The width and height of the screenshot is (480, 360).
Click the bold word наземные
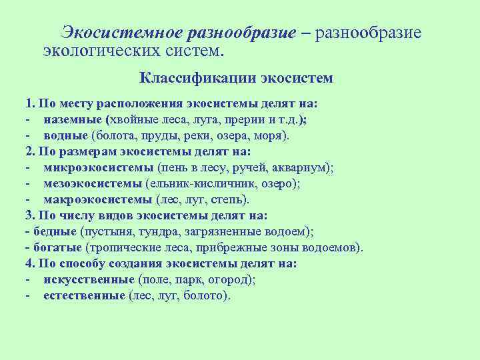click(73, 120)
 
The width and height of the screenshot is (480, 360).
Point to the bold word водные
click(66, 136)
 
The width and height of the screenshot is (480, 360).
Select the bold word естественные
click(85, 296)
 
